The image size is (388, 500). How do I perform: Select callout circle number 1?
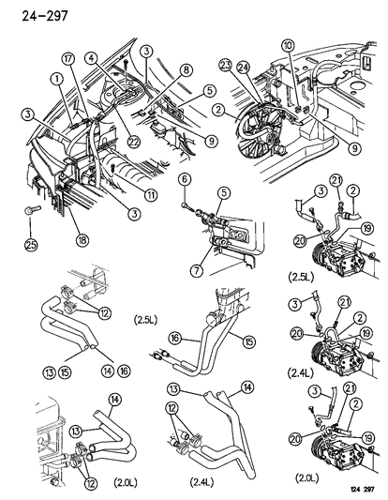(58, 93)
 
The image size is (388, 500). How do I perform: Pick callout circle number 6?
(185, 180)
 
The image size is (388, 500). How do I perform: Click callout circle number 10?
(287, 46)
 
